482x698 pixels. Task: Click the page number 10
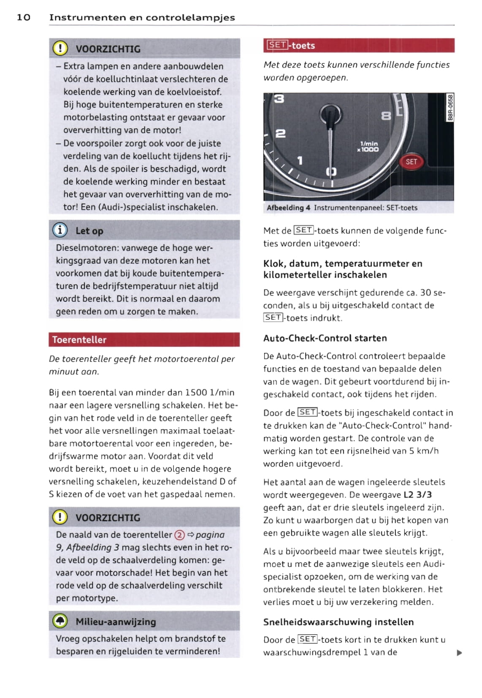pyautogui.click(x=24, y=17)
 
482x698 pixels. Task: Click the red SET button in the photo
pyautogui.click(x=411, y=162)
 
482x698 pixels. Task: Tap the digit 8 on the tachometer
pyautogui.click(x=386, y=116)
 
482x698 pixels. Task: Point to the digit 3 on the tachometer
pyautogui.click(x=279, y=99)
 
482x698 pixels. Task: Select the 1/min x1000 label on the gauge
pyautogui.click(x=368, y=146)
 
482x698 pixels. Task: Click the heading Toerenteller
pyautogui.click(x=79, y=340)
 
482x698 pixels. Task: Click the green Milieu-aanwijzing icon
pyautogui.click(x=60, y=621)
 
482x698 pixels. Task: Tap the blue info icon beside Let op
pyautogui.click(x=60, y=230)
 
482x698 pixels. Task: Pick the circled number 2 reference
pyautogui.click(x=179, y=535)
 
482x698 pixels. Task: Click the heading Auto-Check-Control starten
pyautogui.click(x=325, y=338)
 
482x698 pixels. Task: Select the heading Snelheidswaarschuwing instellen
pyautogui.click(x=338, y=622)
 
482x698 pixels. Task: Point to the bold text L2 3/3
pyautogui.click(x=417, y=495)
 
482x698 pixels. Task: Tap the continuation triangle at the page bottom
pyautogui.click(x=459, y=653)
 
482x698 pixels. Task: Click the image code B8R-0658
pyautogui.click(x=450, y=108)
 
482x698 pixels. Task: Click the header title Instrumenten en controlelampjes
pyautogui.click(x=142, y=17)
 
